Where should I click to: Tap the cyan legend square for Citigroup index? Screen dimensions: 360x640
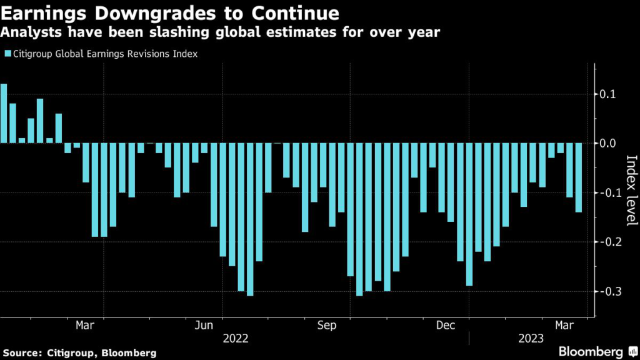coord(7,54)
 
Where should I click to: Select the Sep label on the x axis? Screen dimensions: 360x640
coord(327,326)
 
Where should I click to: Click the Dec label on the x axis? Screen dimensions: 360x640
coord(446,326)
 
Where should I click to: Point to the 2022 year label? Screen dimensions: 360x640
coord(235,339)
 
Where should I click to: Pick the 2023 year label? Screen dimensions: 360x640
coord(531,339)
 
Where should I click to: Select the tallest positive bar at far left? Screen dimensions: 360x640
coord(4,113)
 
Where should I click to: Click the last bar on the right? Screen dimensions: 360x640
coord(579,177)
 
